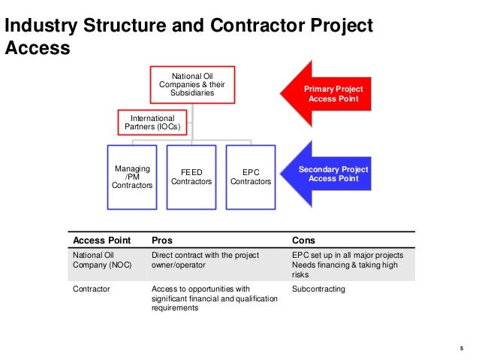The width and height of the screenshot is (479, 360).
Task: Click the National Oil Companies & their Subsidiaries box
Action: [x=193, y=84]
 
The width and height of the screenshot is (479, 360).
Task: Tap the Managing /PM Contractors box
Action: [x=132, y=177]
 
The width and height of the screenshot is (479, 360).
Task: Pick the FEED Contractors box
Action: [x=191, y=177]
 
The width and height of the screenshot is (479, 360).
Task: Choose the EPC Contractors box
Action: [x=251, y=177]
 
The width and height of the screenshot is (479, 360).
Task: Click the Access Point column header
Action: [x=101, y=241]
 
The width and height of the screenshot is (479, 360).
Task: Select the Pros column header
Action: [x=162, y=241]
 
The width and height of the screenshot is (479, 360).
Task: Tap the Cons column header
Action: [x=304, y=241]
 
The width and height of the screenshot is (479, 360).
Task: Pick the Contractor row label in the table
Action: [x=91, y=289]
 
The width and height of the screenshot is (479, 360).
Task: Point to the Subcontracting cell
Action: [x=318, y=289]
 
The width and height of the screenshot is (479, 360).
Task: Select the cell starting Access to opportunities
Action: [x=214, y=298]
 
